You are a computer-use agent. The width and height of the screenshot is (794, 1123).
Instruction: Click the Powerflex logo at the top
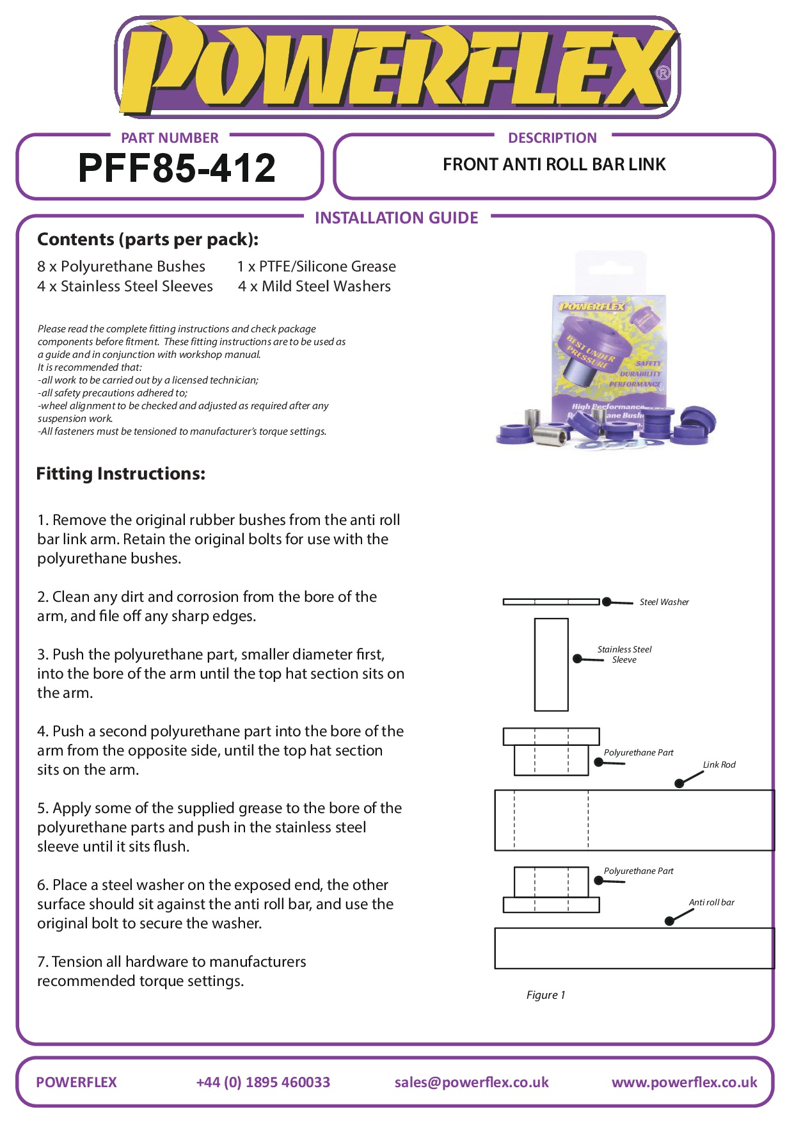coord(397,67)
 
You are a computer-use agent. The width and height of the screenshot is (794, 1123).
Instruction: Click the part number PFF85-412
coord(177,168)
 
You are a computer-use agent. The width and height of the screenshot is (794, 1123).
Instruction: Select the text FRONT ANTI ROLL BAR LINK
coord(554,165)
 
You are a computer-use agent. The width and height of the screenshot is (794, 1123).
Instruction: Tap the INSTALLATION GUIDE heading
coord(396,218)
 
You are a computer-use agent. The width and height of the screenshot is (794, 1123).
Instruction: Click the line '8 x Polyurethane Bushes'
coord(121,266)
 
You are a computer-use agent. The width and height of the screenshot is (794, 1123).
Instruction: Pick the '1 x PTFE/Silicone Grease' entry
coord(316,266)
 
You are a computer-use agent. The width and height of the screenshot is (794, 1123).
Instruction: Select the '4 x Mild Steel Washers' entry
coord(314,286)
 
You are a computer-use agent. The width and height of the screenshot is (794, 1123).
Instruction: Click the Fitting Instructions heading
coord(121,474)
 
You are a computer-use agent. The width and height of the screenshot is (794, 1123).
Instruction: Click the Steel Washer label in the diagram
coord(664,602)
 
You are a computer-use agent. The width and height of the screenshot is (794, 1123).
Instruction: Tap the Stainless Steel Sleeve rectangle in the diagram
coord(551,665)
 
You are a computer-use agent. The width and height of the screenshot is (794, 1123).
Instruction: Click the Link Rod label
coord(719,764)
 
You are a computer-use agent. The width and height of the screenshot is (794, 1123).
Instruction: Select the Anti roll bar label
coord(711,902)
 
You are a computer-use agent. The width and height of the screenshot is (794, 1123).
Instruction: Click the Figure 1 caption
coord(545,995)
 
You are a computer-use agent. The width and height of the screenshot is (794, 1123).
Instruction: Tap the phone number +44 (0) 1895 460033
coord(263,1082)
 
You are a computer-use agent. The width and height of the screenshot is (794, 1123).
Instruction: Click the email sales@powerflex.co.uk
coord(472,1082)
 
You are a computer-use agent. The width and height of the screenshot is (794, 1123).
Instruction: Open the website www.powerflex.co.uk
coord(684,1082)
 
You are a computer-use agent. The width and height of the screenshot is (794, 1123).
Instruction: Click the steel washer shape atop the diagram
coord(551,602)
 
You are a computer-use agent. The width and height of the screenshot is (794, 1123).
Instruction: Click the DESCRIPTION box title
coord(552,138)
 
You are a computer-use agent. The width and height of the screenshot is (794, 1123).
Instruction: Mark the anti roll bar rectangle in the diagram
coord(633,948)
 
